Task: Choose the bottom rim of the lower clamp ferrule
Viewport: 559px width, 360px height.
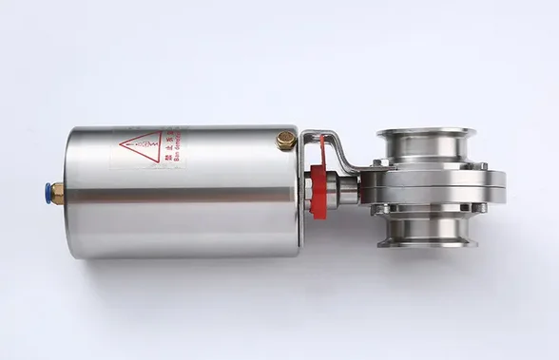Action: coord(425,243)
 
